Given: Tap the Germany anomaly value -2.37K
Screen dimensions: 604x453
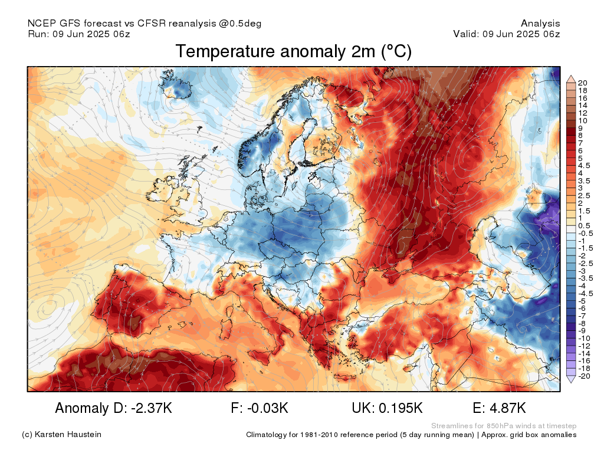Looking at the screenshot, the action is [152, 408].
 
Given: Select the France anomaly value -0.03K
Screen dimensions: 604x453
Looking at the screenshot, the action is [267, 408].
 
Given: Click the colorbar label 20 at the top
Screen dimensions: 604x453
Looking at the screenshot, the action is [582, 83].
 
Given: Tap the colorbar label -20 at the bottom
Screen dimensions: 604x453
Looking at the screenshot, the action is [584, 376].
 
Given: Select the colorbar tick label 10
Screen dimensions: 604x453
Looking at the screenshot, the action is [582, 120].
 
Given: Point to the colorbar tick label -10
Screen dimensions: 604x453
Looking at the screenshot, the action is [584, 338].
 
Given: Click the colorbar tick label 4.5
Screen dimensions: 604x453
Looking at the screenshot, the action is [584, 166].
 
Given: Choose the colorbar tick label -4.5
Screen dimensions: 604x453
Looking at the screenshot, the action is [586, 294].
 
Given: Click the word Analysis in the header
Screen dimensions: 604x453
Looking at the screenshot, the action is [540, 24].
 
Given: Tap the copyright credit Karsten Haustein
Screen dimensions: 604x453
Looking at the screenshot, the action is [68, 434].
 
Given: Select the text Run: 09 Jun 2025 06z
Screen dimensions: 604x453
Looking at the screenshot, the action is [79, 34].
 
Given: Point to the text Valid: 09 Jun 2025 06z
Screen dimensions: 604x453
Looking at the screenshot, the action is [507, 34].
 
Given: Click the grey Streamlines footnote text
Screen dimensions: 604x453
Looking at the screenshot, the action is [504, 426].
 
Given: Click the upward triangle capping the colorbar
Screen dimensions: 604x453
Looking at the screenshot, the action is [571, 80].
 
